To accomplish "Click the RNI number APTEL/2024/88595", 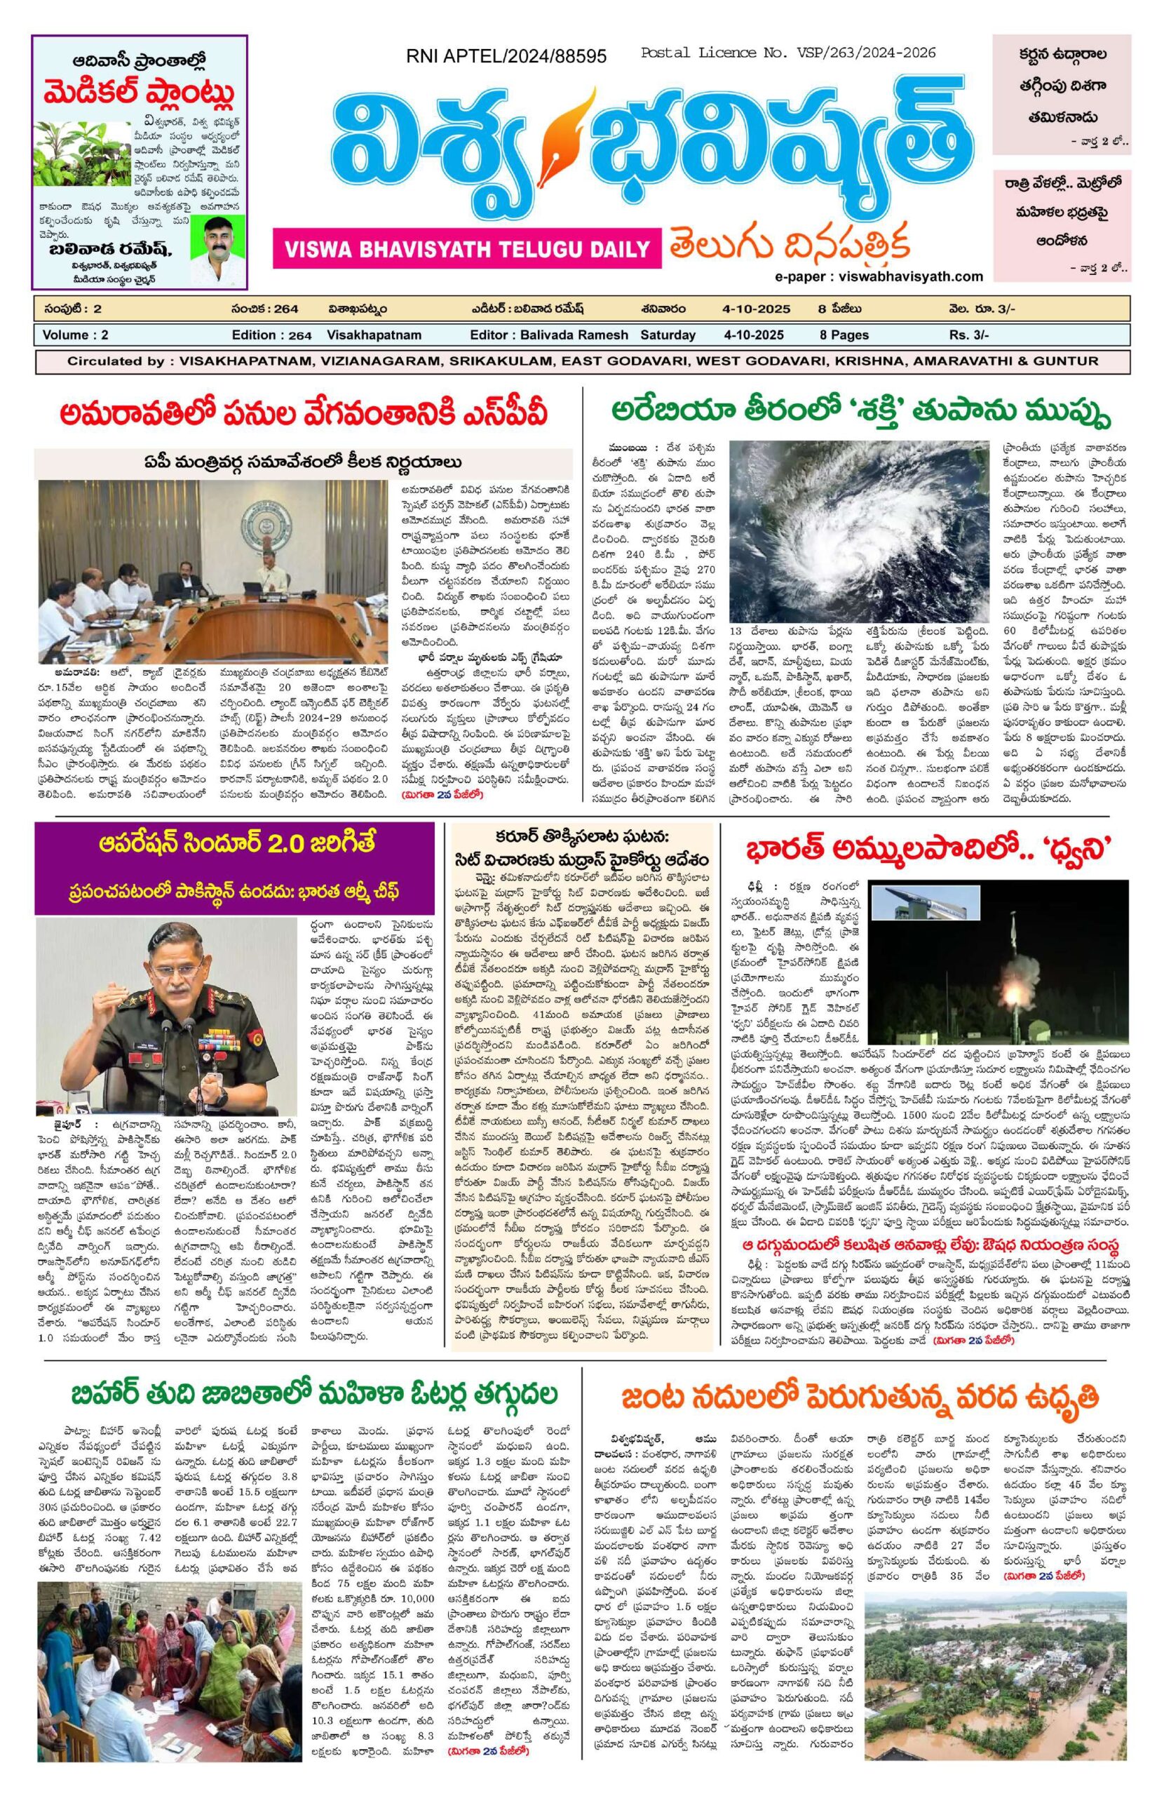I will (506, 57).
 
